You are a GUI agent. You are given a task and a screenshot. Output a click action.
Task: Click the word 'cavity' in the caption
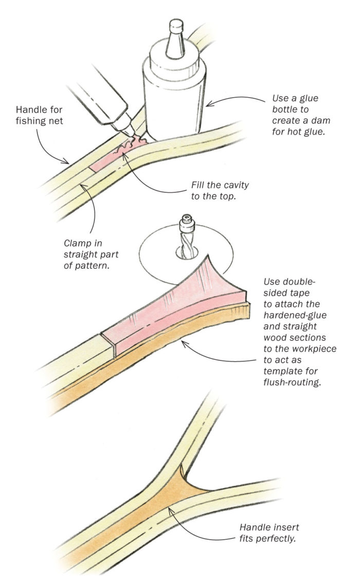pyautogui.click(x=227, y=184)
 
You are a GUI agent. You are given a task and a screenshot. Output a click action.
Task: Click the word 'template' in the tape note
pyautogui.click(x=280, y=371)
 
